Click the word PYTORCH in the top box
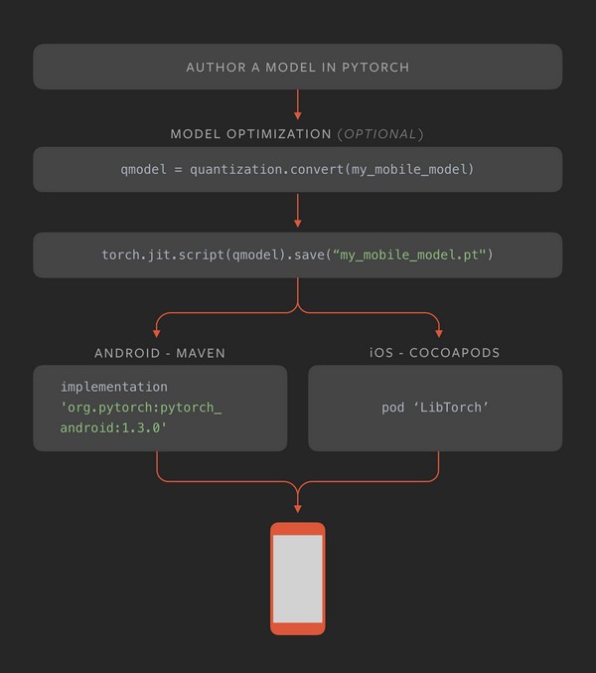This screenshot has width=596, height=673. click(375, 68)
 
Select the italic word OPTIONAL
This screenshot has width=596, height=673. click(380, 134)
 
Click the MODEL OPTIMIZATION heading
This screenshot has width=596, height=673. click(250, 134)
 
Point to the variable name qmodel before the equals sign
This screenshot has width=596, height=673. click(142, 170)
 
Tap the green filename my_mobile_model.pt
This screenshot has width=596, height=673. click(411, 255)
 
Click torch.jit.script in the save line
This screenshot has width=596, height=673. click(164, 255)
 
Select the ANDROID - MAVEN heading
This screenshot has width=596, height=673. click(160, 353)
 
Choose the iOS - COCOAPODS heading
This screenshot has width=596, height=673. click(435, 353)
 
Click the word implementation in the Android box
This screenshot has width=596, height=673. click(114, 387)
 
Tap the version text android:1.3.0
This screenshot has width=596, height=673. click(114, 427)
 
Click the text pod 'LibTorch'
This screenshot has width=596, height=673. click(435, 409)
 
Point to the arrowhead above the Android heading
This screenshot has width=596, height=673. click(157, 333)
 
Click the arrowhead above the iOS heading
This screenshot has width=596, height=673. click(439, 333)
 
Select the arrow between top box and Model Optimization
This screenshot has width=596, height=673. click(298, 104)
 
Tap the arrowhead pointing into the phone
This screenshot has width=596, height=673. click(298, 509)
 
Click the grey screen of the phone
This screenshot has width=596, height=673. click(298, 579)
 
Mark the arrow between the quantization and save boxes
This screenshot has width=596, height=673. click(298, 211)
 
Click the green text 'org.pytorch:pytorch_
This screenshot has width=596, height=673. click(141, 408)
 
